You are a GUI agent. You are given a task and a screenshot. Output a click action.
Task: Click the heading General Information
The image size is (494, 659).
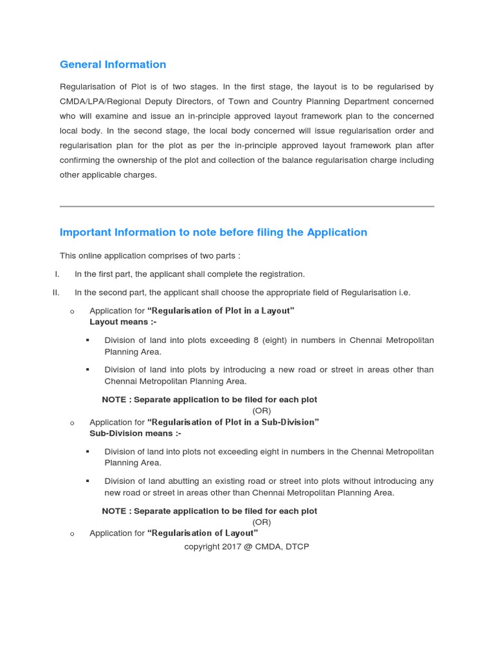point(113,64)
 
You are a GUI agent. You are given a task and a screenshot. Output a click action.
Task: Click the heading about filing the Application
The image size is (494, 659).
point(213,232)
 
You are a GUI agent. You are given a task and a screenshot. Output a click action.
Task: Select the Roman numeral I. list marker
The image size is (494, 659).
point(57,274)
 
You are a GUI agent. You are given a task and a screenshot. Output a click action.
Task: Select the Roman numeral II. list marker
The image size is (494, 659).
point(56,292)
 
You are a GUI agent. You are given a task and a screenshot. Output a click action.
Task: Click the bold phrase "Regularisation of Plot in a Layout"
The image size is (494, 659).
point(221,311)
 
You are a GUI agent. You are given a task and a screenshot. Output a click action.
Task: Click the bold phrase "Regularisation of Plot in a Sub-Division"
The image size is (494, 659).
point(233,422)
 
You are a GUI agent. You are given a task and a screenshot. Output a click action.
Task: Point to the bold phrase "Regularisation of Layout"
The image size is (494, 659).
point(203,533)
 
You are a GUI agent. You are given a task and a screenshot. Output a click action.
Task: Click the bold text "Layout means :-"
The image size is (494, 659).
point(123,322)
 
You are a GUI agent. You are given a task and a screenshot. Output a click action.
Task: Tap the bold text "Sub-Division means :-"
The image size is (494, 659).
point(135,433)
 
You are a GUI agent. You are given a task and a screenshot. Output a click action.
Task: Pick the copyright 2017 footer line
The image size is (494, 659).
point(246,546)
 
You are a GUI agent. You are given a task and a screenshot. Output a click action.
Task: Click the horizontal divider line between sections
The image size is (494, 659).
point(246,207)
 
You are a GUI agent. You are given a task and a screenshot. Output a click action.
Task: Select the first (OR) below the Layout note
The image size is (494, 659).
point(261,411)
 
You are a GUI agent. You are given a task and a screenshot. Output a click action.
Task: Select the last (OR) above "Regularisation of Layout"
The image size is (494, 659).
point(261,522)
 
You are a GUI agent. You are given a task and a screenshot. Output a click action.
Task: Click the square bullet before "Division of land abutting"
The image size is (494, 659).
point(87,481)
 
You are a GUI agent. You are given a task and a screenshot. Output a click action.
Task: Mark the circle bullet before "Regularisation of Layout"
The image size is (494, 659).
point(72,534)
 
